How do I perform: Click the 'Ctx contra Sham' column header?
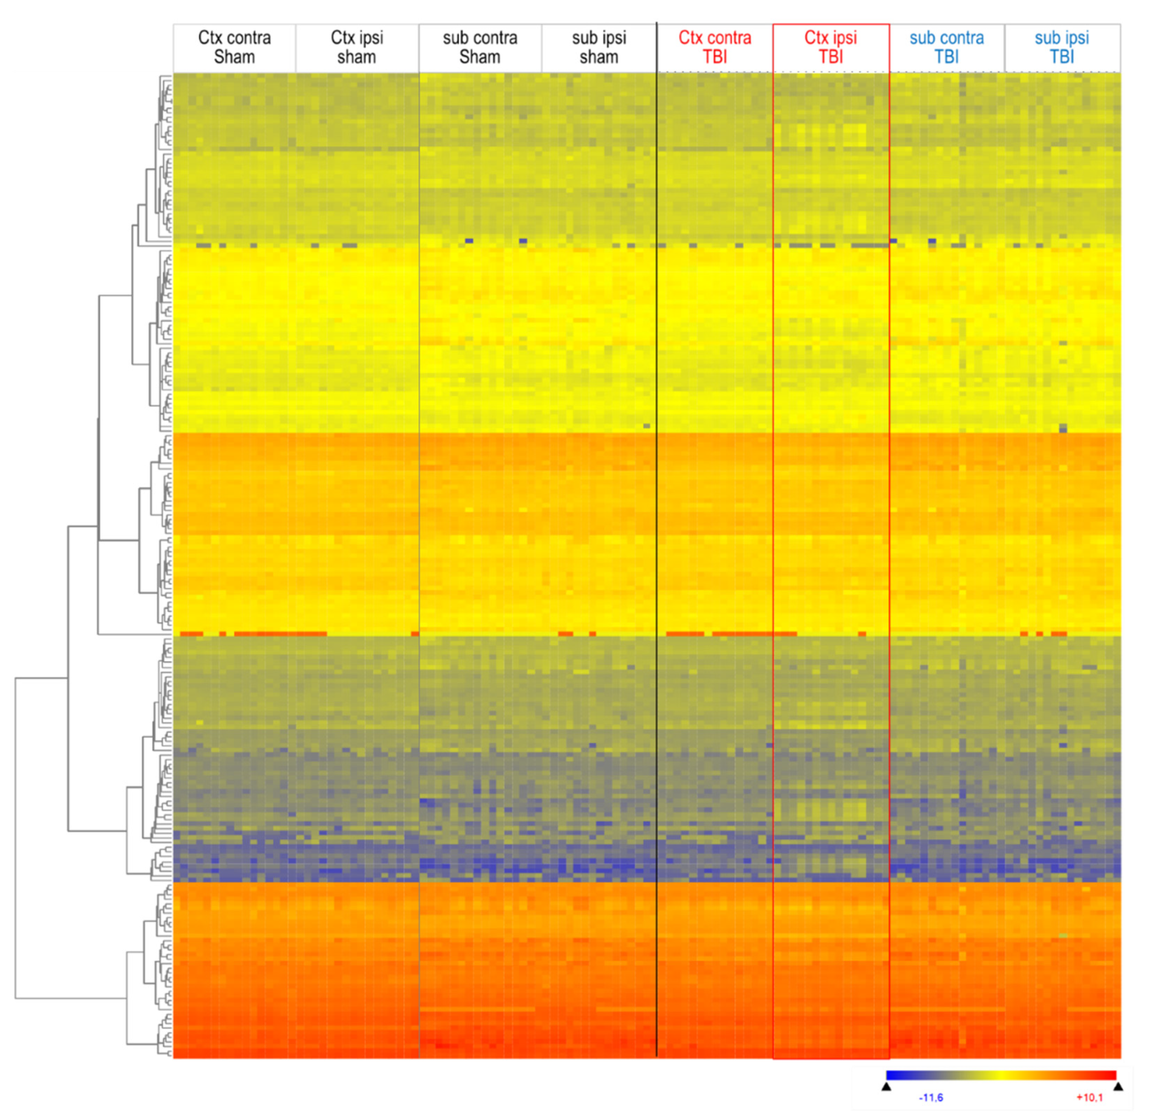point(235,47)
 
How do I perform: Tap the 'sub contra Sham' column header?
point(480,47)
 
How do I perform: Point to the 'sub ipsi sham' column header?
point(599,47)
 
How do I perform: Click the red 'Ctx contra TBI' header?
point(714,47)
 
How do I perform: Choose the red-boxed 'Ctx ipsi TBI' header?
point(831,47)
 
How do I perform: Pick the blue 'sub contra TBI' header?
point(947,47)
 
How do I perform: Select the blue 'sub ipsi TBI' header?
point(1062,47)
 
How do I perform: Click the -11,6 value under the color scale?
point(931,1098)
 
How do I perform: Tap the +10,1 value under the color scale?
point(1090,1098)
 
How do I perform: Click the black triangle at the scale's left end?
point(886,1087)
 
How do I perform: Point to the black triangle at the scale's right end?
point(1119,1087)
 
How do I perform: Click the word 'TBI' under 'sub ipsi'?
point(1062,57)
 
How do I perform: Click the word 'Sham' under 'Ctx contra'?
point(235,57)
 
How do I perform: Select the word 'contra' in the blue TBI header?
point(961,38)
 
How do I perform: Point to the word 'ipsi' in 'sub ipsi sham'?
point(612,38)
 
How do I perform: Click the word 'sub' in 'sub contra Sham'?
point(455,38)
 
